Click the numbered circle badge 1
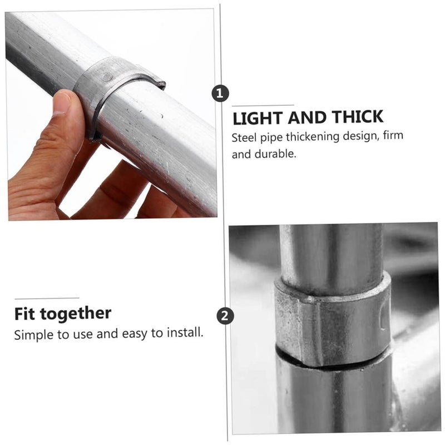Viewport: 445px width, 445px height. (221, 93)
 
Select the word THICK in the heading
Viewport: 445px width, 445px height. (358, 117)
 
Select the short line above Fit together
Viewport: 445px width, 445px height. (47, 298)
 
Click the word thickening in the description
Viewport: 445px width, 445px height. (309, 137)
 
